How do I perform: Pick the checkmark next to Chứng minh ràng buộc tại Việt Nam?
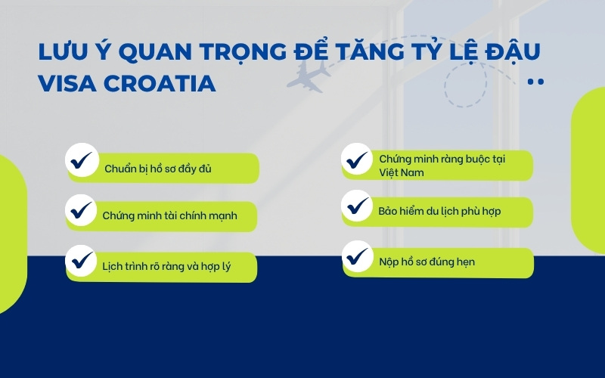click(355, 160)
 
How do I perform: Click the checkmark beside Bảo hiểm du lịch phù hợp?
click(355, 204)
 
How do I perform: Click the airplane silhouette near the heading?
click(309, 75)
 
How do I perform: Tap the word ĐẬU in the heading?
click(517, 52)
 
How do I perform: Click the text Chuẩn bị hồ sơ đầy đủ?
click(157, 169)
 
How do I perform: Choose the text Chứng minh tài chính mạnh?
click(169, 215)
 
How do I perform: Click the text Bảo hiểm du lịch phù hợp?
click(439, 211)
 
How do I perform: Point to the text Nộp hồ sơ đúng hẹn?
click(427, 262)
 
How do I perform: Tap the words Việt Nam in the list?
click(402, 172)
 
